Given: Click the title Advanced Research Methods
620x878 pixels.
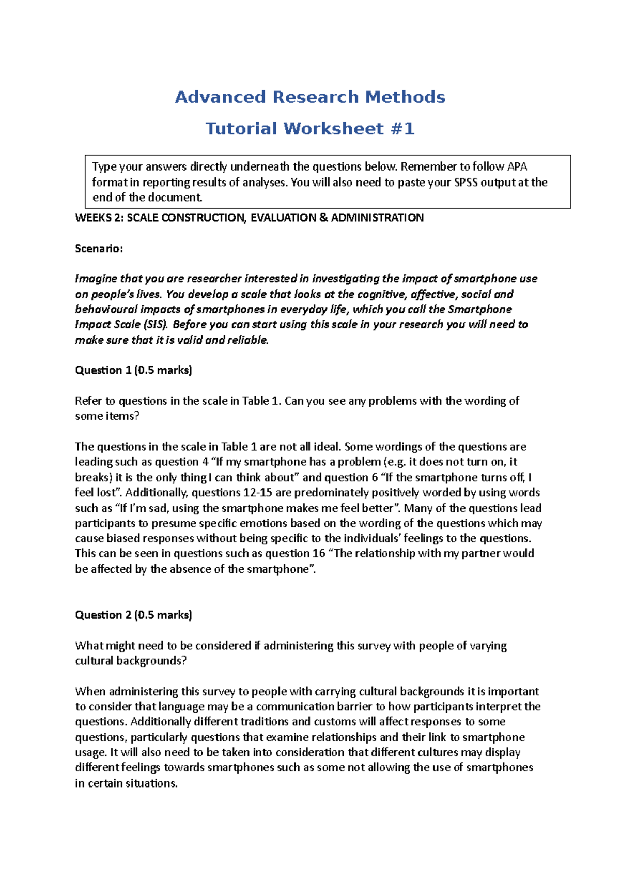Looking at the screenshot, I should coord(310,97).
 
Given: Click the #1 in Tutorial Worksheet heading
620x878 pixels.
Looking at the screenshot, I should coord(402,129).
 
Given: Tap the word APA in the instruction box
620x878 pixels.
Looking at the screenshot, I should coord(517,166).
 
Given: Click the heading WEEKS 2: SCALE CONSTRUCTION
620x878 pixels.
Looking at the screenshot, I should coord(249,218).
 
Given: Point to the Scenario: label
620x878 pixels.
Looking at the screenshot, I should coord(99,249).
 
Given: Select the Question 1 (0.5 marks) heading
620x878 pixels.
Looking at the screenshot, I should coord(133,370).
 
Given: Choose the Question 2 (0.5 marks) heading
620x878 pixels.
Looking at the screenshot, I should coord(133,615).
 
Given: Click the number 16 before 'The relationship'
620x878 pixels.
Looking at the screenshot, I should coord(319,554).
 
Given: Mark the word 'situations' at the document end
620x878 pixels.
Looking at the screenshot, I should coord(153,783).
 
